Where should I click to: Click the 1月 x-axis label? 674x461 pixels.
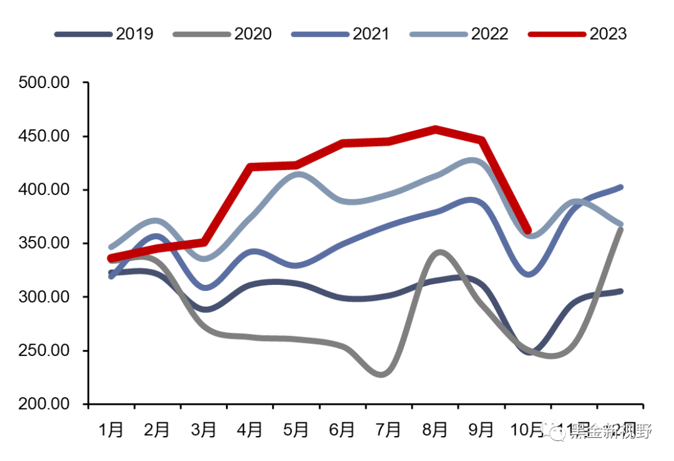[x=111, y=430]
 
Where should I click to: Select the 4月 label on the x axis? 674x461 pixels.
[x=250, y=430]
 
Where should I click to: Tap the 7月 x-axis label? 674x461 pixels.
[x=388, y=430]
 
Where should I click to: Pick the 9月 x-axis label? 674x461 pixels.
[x=481, y=430]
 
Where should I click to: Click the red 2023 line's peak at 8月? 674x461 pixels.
[x=436, y=129]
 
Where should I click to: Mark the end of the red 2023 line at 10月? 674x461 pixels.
[x=528, y=230]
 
